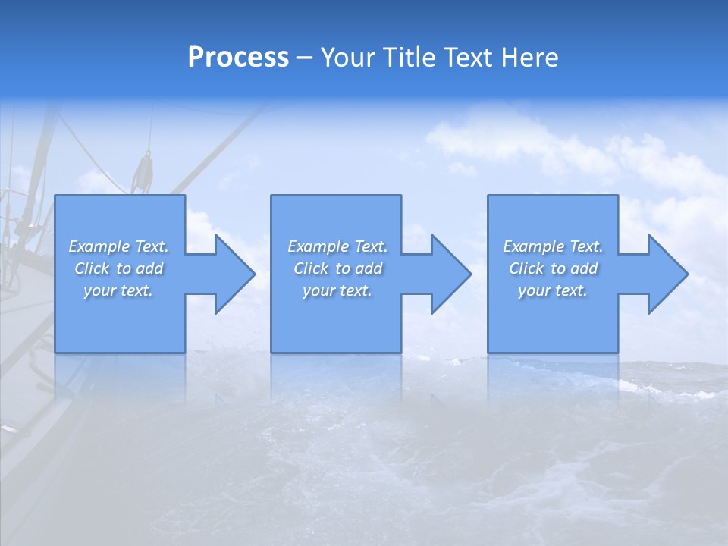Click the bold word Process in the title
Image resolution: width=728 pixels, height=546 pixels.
(238, 58)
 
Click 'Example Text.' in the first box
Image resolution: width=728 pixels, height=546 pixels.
(119, 246)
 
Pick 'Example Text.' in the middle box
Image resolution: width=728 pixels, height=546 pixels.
(337, 246)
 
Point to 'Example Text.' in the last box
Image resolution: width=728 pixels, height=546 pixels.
(553, 246)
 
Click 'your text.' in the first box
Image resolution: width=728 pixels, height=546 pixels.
(119, 290)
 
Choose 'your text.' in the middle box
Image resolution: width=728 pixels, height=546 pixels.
(337, 290)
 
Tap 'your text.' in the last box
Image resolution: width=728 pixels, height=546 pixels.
(553, 290)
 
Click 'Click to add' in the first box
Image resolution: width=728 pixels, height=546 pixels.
(119, 268)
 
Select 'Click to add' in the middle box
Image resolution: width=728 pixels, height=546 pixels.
(337, 268)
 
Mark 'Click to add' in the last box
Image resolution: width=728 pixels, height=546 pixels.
(553, 268)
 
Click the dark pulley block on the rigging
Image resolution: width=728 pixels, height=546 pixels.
(142, 173)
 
